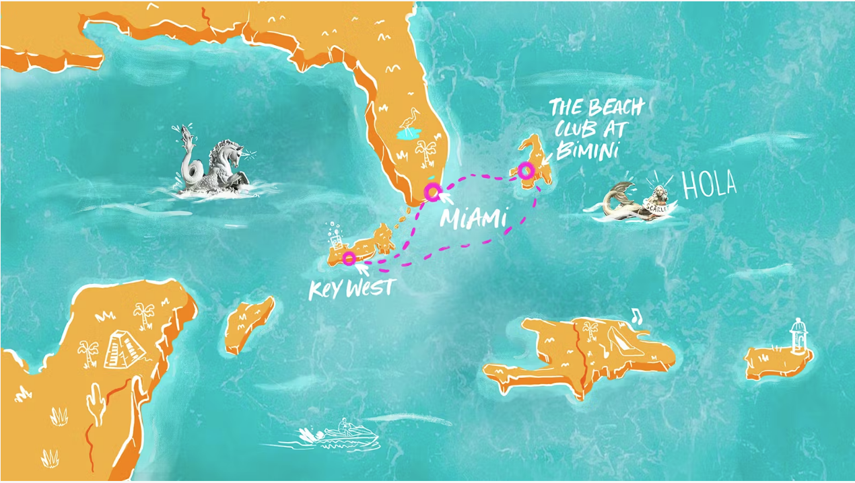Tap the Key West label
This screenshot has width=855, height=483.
(x=351, y=289)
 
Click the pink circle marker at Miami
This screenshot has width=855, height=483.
(x=432, y=192)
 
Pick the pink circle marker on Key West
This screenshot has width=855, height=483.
(x=349, y=257)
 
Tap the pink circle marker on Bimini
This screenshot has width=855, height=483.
(x=526, y=170)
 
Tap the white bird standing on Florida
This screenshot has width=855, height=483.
(x=409, y=120)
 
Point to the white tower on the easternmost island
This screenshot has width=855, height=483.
(x=798, y=336)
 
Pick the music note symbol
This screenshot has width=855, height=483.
(x=635, y=315)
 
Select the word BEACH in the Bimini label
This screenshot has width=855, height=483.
(x=615, y=108)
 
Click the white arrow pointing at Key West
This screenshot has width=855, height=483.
(x=361, y=269)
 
